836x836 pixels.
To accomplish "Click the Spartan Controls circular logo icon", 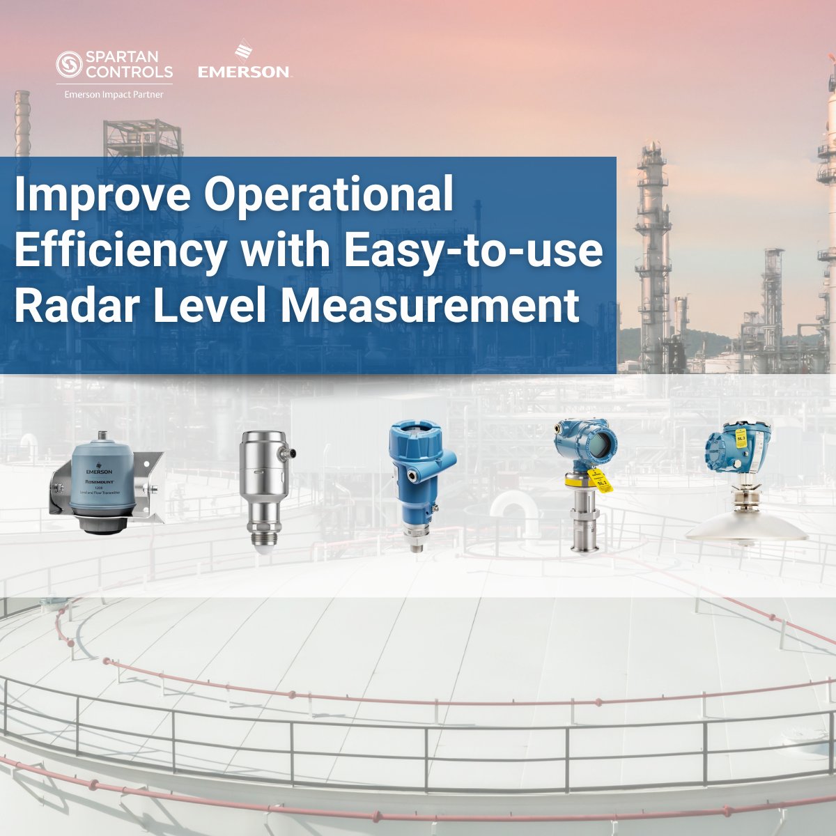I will (x=68, y=65).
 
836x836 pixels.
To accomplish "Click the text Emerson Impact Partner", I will (x=114, y=95).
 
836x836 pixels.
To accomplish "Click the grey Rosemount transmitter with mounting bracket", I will (x=104, y=490).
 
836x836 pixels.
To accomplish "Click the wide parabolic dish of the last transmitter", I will (x=746, y=529).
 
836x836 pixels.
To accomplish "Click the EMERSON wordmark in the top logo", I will (x=243, y=72).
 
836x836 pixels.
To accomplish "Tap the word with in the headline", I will (x=286, y=251).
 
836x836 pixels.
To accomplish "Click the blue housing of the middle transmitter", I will (x=417, y=453).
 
